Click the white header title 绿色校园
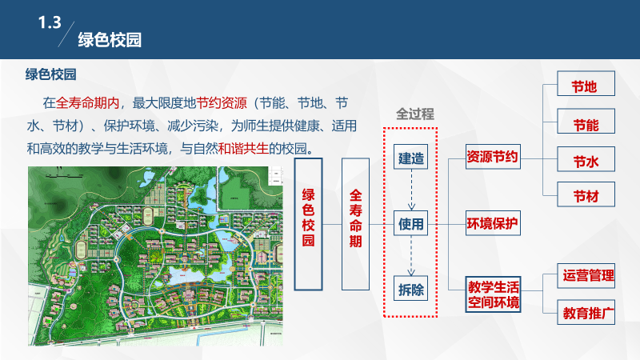[x=110, y=40]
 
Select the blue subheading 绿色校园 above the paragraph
[x=50, y=75]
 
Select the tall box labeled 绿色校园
[x=308, y=223]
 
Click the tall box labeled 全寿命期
[x=355, y=223]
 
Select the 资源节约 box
[x=493, y=158]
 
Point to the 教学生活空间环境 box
[x=494, y=294]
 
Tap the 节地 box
[x=584, y=86]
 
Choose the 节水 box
[x=584, y=162]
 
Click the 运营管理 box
[x=587, y=276]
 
